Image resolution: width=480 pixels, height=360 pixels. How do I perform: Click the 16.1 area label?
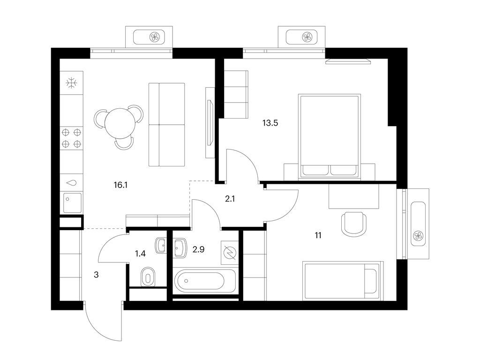pos(120,185)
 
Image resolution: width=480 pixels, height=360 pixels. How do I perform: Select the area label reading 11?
pos(318,235)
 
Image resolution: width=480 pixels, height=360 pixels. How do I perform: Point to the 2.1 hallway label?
pos(230,199)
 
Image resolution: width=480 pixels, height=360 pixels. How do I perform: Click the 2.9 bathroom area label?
pos(198,249)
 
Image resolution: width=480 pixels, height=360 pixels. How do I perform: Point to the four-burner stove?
pos(72,138)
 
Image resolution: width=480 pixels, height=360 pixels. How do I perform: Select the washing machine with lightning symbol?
pos(229,252)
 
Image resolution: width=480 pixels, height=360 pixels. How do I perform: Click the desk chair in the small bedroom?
pos(353,224)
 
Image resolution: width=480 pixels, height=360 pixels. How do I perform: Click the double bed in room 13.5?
pos(330,136)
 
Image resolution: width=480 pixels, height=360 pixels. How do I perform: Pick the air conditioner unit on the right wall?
pos(417,223)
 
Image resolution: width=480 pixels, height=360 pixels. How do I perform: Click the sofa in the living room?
pos(167,124)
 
